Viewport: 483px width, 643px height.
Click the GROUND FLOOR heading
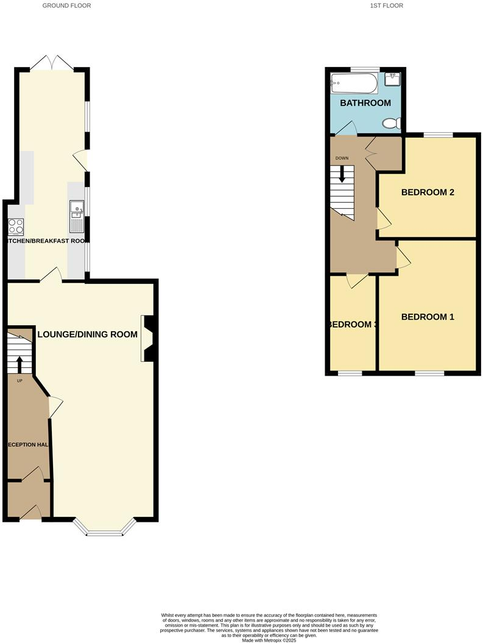click(x=66, y=5)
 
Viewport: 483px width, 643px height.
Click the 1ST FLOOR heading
click(x=386, y=5)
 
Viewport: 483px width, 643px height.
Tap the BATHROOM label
click(x=365, y=103)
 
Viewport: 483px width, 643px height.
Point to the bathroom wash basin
click(x=393, y=80)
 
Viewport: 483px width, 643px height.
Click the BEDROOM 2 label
click(x=428, y=192)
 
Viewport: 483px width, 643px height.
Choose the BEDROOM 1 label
click(x=428, y=317)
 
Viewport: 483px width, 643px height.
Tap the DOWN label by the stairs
click(x=342, y=158)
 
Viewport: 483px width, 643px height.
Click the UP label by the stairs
click(x=19, y=381)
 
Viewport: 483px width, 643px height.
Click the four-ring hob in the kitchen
click(x=16, y=227)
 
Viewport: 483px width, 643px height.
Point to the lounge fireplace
click(x=148, y=338)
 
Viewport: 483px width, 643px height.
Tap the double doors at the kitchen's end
click(x=53, y=62)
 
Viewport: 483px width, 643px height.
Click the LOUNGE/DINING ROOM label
click(x=88, y=334)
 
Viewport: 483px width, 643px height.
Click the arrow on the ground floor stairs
click(x=19, y=364)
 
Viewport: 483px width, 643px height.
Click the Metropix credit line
click(x=268, y=640)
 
